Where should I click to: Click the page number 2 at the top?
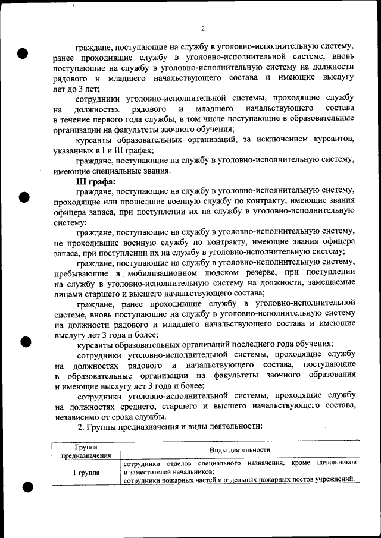(x=203, y=28)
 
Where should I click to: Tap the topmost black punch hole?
(x=23, y=53)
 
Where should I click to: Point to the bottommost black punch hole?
(x=27, y=487)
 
